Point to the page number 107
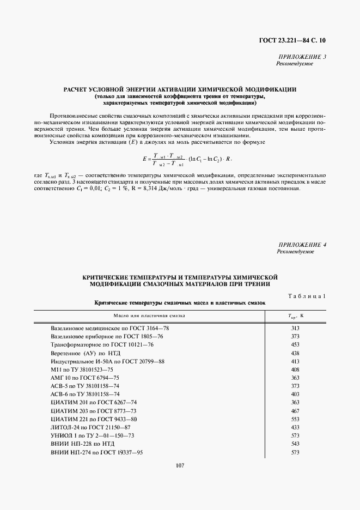coord(180,465)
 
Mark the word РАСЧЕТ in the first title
coord(80,89)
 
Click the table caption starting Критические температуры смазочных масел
coord(179,302)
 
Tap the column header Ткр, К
coord(295,315)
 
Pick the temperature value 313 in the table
coord(295,329)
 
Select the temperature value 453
coord(295,345)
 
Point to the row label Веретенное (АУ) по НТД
coord(81,353)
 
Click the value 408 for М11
coord(295,369)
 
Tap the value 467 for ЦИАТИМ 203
coord(295,410)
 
